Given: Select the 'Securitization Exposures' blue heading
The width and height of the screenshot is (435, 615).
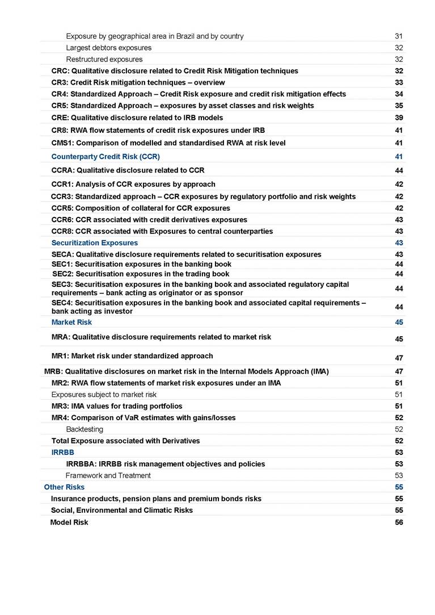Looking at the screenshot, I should [x=91, y=242].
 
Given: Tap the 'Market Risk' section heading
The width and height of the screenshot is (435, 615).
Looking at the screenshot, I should [x=71, y=322].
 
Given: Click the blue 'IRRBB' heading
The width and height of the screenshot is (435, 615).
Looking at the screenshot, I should [x=62, y=452].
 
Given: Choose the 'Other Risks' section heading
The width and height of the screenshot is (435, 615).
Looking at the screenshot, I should [x=64, y=487].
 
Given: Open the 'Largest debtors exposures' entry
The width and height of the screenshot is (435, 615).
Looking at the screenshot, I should [x=108, y=48].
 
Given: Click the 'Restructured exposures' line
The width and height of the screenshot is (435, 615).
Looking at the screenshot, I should [x=104, y=59].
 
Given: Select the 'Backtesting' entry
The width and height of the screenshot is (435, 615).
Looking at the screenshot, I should [x=85, y=429].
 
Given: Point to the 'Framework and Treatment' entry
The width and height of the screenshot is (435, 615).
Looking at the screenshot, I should [x=108, y=475].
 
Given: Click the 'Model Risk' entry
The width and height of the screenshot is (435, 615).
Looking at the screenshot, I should [x=69, y=522].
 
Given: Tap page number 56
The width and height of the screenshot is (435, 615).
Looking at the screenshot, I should [x=399, y=522].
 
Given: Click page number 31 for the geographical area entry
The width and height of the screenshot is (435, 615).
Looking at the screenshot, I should [x=399, y=36].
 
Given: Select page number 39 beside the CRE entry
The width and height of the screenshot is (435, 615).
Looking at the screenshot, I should [x=399, y=118].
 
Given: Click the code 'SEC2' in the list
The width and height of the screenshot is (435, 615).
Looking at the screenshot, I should [x=62, y=274].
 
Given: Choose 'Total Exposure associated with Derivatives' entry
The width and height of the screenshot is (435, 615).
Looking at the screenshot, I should [x=125, y=441].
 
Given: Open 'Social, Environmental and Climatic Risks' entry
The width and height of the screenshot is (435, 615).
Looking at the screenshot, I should [x=121, y=510].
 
